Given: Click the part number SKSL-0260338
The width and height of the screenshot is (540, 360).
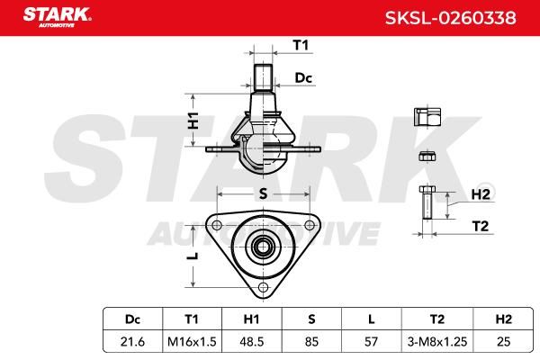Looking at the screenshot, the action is (x=451, y=18).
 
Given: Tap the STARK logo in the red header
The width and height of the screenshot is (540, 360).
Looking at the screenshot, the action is (x=58, y=17).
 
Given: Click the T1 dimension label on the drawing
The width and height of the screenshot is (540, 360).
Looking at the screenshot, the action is (x=301, y=45).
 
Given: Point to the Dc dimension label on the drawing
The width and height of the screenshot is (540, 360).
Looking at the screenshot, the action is (x=303, y=78).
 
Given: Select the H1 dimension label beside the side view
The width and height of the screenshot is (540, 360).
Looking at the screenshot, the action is (x=193, y=121).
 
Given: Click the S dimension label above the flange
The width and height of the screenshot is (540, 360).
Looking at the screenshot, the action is (x=263, y=194).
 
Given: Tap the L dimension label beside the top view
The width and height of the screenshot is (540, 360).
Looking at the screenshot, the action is (x=194, y=256).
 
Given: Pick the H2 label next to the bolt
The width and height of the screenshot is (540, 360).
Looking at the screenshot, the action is (x=481, y=194).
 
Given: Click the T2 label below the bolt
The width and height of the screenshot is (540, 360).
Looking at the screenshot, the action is (x=480, y=226).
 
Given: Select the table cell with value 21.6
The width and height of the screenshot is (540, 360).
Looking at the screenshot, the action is (x=132, y=341).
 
